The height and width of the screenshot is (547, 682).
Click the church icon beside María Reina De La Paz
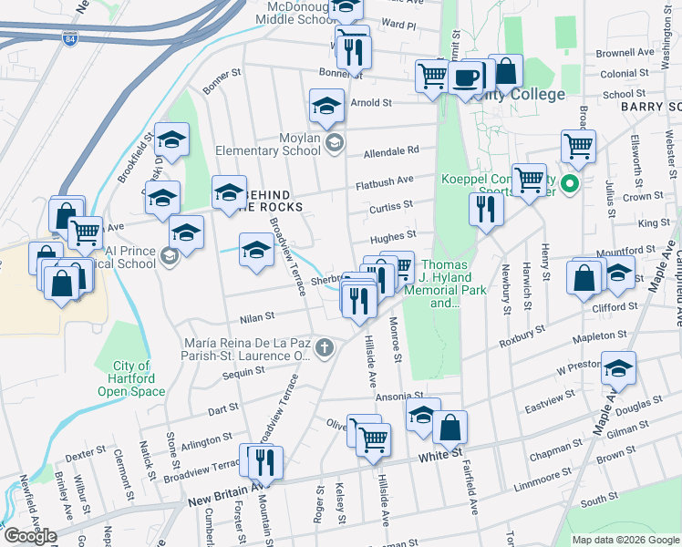click(324, 346)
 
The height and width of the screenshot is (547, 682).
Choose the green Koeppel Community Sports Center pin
click(571, 183)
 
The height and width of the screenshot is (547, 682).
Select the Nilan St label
click(257, 317)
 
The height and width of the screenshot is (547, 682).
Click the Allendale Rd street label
click(390, 151)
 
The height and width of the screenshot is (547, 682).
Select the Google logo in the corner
click(30, 535)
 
